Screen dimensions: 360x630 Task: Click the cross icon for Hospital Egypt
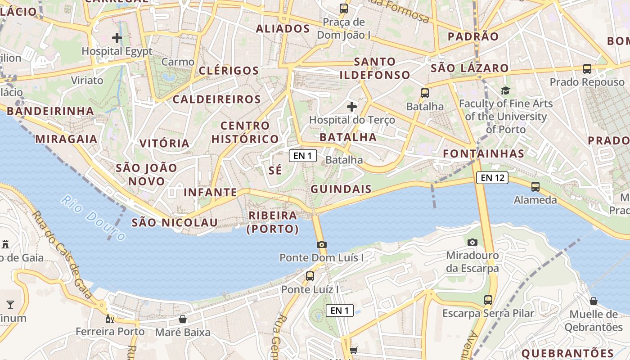117,38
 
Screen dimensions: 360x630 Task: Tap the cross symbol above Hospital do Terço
352,107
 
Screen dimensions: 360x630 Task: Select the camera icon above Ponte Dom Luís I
321,245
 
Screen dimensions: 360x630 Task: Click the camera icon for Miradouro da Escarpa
472,242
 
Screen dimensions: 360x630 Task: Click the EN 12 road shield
492,178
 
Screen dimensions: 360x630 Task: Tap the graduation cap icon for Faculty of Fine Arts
505,91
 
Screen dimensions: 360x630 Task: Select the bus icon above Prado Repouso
587,69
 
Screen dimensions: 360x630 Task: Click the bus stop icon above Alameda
535,186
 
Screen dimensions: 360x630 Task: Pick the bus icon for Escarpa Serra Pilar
488,300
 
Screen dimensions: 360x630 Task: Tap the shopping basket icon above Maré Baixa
183,319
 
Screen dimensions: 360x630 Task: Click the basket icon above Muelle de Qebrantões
594,301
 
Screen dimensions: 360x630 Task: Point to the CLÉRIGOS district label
229,71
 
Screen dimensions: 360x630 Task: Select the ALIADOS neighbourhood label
283,29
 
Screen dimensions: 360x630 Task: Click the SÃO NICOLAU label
175,222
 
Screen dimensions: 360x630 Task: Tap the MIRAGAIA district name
67,139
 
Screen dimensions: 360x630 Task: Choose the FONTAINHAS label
484,154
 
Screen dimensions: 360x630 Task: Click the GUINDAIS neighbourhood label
341,189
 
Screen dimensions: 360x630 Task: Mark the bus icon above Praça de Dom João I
344,8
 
